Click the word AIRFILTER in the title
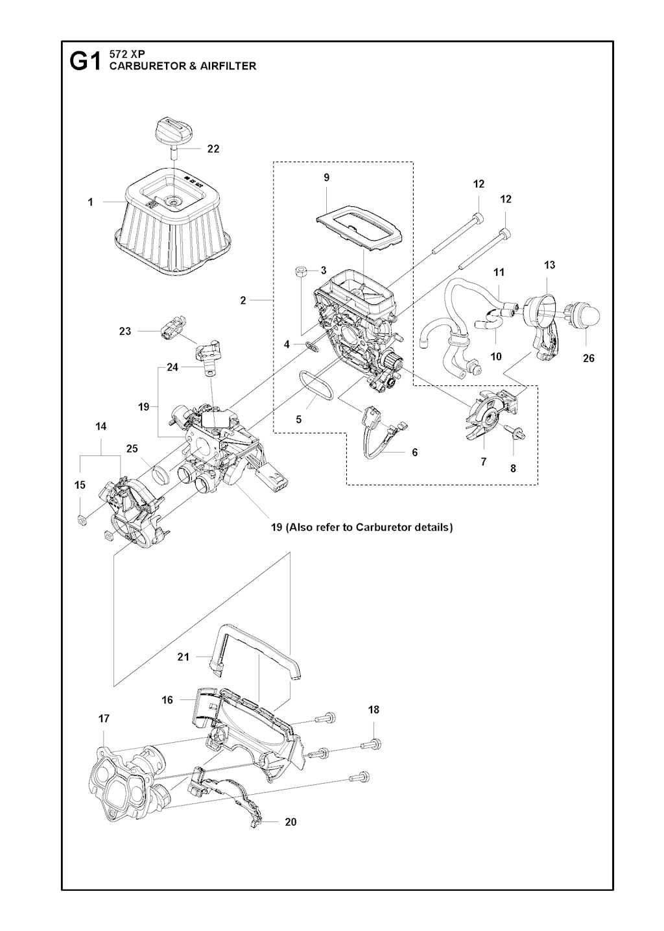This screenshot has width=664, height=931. click(x=227, y=66)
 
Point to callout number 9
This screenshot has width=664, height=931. click(x=326, y=177)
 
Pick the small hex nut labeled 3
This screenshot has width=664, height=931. click(x=302, y=271)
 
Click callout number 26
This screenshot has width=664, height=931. click(x=588, y=358)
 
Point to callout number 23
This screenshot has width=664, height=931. click(x=125, y=331)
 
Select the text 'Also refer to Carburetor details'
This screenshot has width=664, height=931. click(x=368, y=527)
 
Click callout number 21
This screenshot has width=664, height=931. click(x=184, y=657)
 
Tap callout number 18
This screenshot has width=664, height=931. click(x=373, y=710)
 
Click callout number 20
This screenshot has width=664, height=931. click(x=290, y=822)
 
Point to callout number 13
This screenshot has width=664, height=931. click(x=549, y=265)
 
